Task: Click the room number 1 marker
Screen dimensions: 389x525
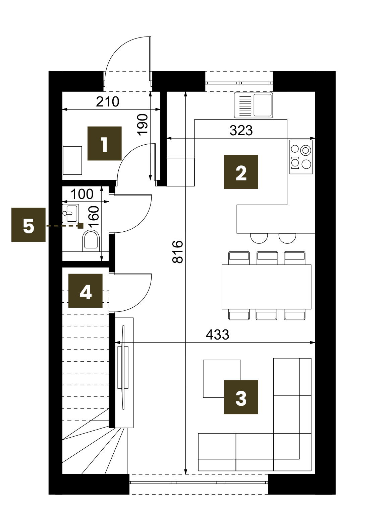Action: coord(104,143)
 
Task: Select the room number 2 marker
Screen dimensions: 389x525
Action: coord(241,172)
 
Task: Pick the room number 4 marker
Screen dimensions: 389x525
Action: coord(85,291)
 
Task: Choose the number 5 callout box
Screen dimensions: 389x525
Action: coord(29,225)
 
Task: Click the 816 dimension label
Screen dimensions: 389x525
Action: coord(178,252)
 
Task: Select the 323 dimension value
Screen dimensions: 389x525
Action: coord(241,131)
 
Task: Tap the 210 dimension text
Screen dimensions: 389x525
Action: coord(107,101)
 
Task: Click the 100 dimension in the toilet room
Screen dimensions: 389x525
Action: coord(82,194)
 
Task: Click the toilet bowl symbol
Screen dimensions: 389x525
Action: coord(91,240)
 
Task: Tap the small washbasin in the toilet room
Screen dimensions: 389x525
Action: coord(71,213)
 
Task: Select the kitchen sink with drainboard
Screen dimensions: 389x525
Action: coord(254,105)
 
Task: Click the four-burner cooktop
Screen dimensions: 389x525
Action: coord(301,157)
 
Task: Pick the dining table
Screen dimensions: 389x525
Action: coord(267,287)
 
